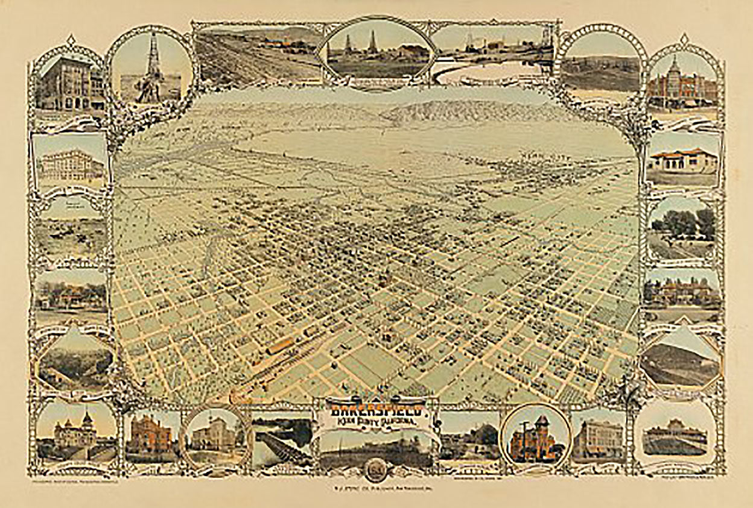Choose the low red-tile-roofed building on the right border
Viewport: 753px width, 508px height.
click(x=682, y=160)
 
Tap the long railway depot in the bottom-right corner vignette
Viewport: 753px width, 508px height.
click(x=675, y=441)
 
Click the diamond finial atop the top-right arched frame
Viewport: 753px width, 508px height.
click(x=684, y=39)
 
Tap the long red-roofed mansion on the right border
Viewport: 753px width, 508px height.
click(x=682, y=292)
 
